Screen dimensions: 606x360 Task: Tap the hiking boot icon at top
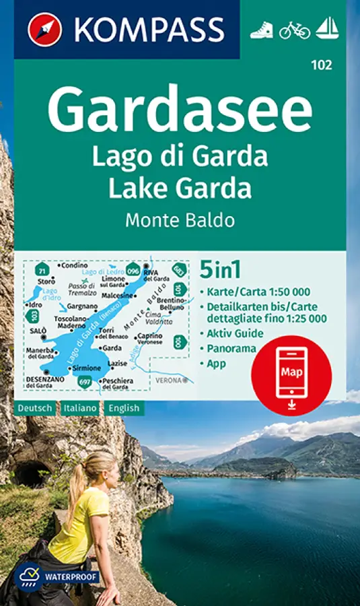(x=261, y=30)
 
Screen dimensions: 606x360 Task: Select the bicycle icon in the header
(x=295, y=30)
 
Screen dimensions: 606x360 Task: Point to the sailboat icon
(x=327, y=29)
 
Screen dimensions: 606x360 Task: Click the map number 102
(x=320, y=65)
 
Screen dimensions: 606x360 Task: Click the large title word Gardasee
(x=180, y=110)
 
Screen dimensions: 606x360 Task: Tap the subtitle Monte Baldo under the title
(x=180, y=220)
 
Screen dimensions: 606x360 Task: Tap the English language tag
(x=122, y=408)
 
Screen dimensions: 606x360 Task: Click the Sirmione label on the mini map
(x=87, y=368)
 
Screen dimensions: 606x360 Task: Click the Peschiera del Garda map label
(x=116, y=384)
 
